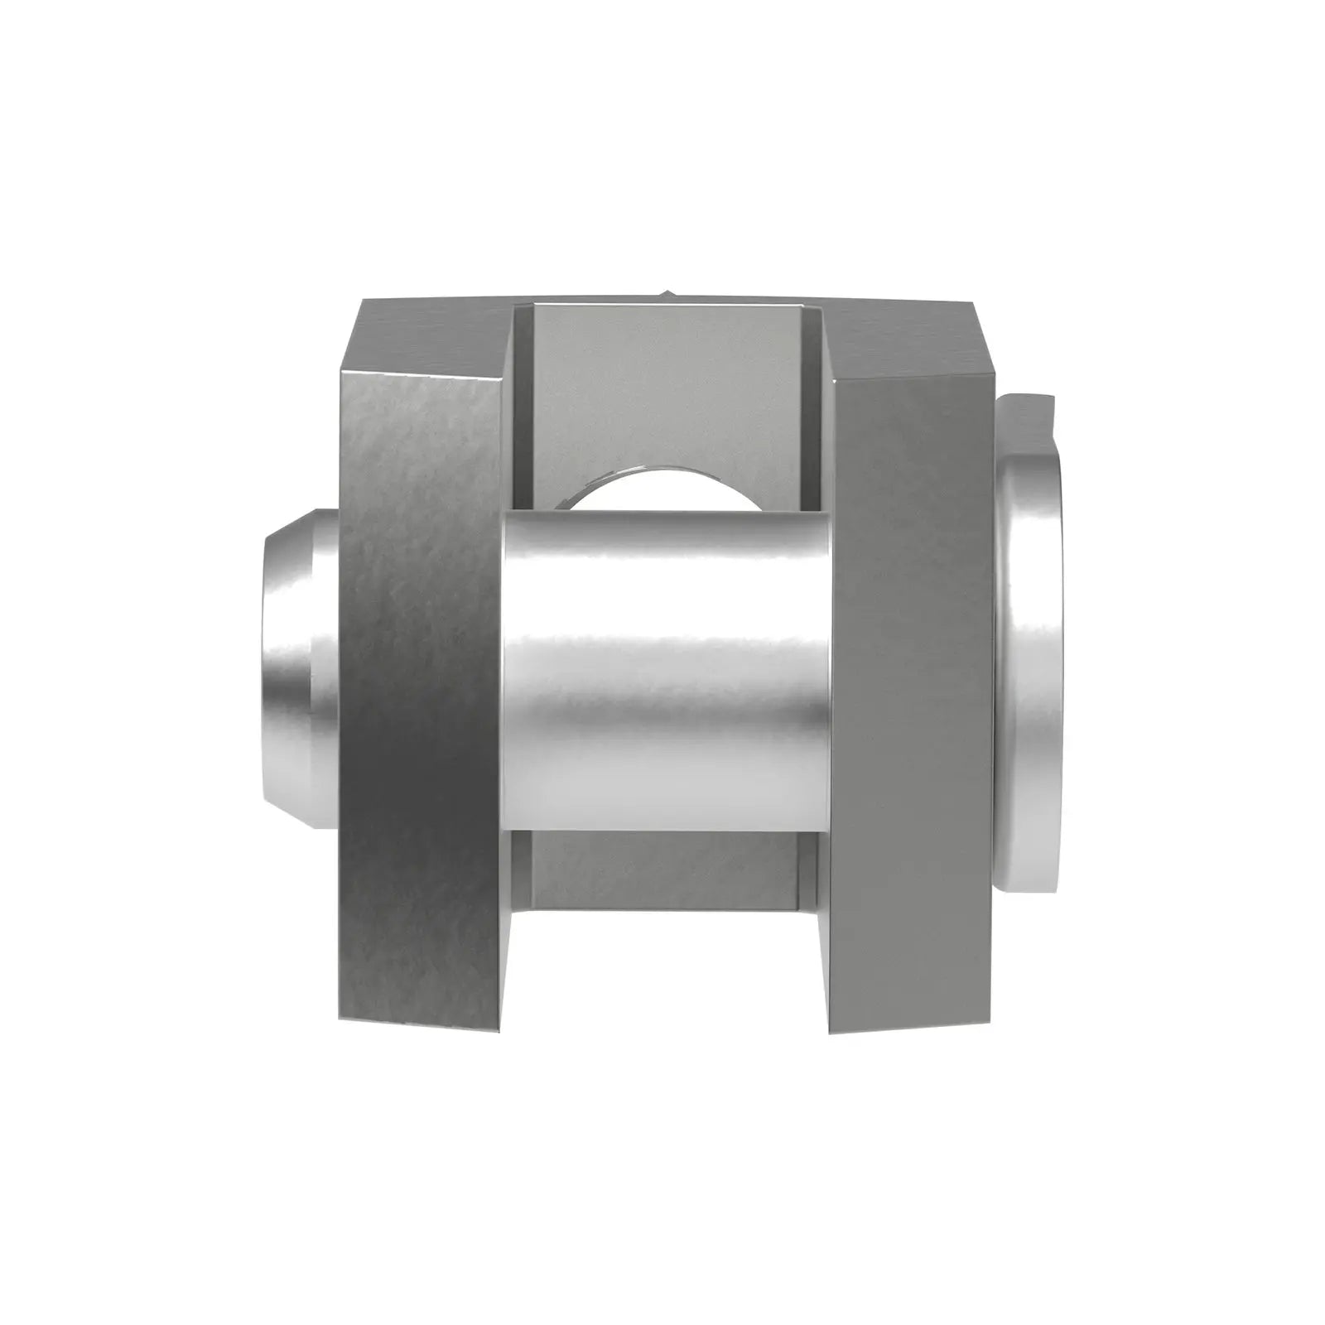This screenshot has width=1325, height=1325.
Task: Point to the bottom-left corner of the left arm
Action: click(x=341, y=1019)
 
